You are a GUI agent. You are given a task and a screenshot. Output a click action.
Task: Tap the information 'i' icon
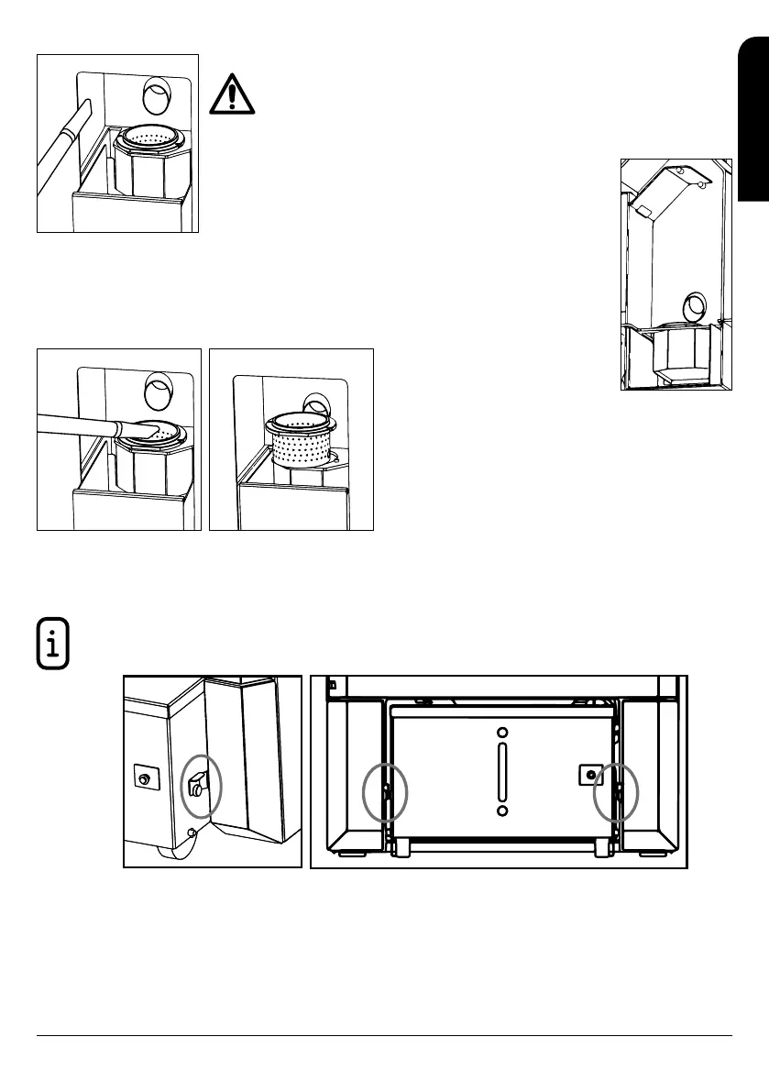[52, 641]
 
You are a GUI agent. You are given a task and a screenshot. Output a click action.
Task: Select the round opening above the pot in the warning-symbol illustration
[158, 95]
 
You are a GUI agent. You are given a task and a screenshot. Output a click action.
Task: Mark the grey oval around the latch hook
[200, 785]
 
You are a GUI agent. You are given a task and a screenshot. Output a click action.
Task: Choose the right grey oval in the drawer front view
[615, 789]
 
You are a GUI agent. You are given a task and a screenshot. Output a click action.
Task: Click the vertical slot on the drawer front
[500, 772]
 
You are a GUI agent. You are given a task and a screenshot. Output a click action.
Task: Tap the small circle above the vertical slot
[500, 734]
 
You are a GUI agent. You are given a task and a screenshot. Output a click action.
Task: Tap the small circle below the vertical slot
[500, 811]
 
